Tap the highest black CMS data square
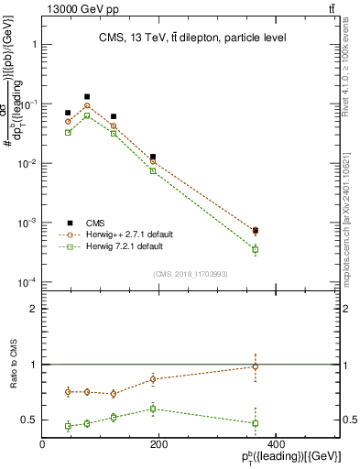(87, 96)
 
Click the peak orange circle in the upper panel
(87, 105)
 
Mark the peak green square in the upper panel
(87, 115)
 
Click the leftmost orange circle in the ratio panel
(68, 391)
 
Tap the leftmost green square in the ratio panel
(68, 426)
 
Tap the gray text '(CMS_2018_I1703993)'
(191, 273)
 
